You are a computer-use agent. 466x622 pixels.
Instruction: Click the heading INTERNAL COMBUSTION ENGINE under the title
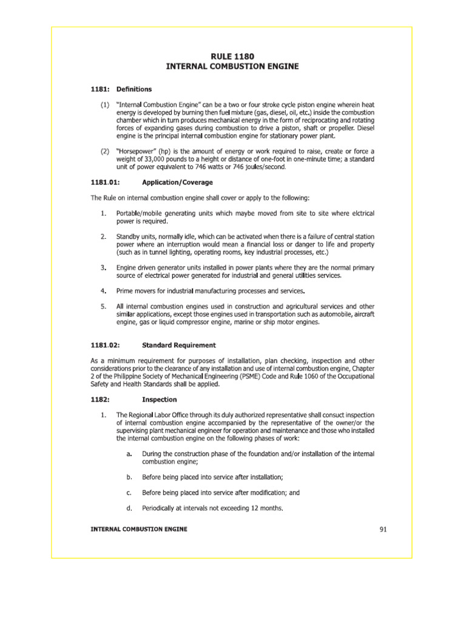[x=233, y=66]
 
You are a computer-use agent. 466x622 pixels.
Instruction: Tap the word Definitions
[x=134, y=89]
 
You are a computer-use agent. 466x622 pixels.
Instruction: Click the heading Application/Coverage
[x=177, y=182]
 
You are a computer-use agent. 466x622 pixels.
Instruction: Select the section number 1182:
[x=100, y=400]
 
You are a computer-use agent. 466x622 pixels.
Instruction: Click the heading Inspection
[x=159, y=400]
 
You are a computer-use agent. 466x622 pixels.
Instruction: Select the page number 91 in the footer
[x=383, y=529]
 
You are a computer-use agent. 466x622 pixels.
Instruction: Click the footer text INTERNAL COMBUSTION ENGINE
[x=139, y=529]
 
